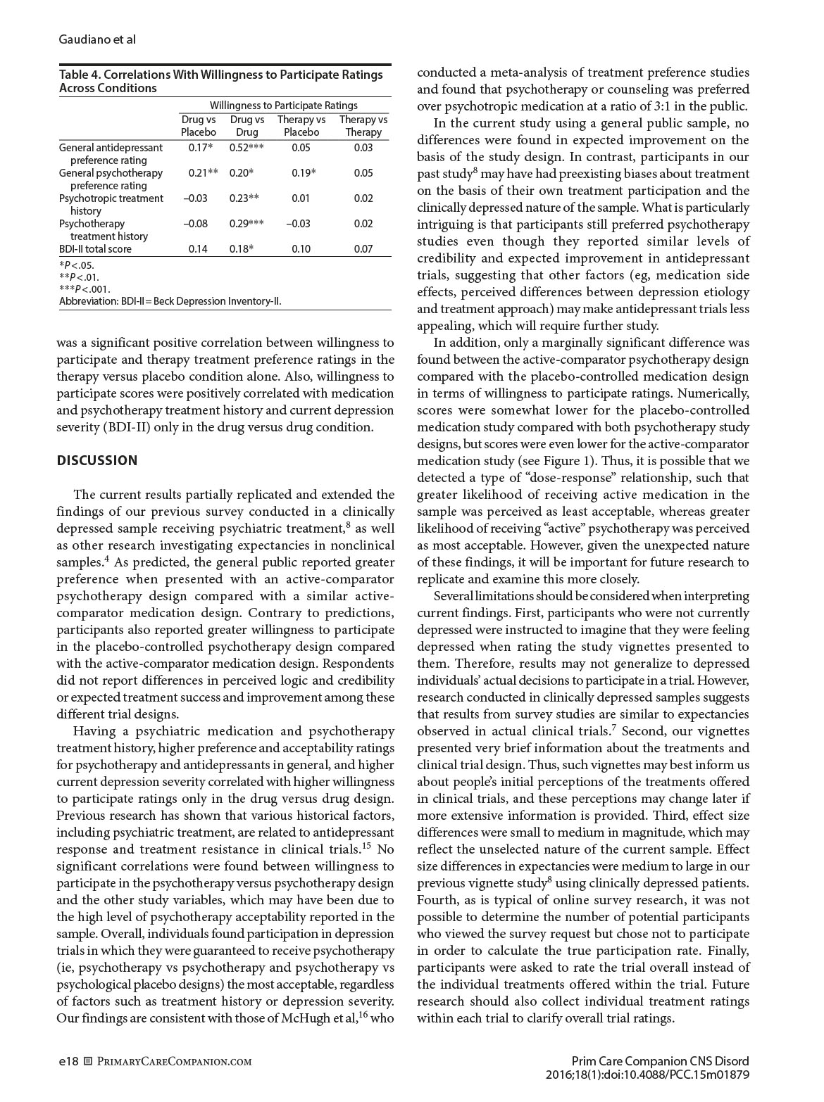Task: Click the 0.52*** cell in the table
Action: click(246, 147)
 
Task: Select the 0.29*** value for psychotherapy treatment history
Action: click(246, 223)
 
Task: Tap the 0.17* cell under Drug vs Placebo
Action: click(201, 147)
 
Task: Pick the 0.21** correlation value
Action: click(202, 172)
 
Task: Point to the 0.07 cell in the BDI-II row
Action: click(363, 248)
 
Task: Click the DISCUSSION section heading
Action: click(97, 460)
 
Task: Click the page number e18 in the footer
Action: click(68, 1060)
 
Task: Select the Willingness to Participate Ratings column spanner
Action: click(283, 105)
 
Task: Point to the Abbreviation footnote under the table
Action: click(170, 301)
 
